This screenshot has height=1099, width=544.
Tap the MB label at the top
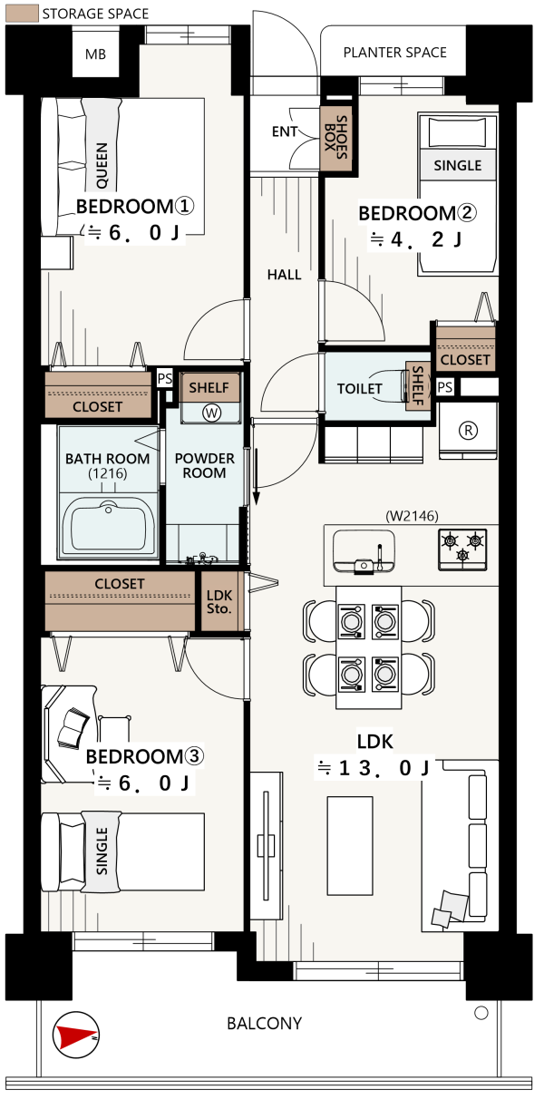(95, 54)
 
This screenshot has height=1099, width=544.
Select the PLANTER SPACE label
(395, 53)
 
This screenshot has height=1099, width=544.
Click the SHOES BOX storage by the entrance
(336, 138)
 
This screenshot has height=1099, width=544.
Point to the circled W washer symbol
(211, 413)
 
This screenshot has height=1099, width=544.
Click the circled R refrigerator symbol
(468, 431)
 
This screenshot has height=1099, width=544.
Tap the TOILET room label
(360, 389)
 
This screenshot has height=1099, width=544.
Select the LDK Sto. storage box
(219, 601)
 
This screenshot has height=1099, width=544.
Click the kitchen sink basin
(364, 551)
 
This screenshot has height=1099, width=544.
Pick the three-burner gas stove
(462, 549)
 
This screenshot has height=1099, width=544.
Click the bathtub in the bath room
(108, 527)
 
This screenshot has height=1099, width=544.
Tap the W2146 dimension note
(412, 516)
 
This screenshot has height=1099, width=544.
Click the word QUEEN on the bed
(102, 165)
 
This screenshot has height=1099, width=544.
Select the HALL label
(284, 275)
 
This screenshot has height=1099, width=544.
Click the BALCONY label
(265, 1023)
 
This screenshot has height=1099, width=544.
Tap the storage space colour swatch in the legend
(22, 14)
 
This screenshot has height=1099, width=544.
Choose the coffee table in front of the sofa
(350, 845)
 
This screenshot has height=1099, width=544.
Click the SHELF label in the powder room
(209, 387)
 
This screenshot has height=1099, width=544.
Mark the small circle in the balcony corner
(481, 1012)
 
